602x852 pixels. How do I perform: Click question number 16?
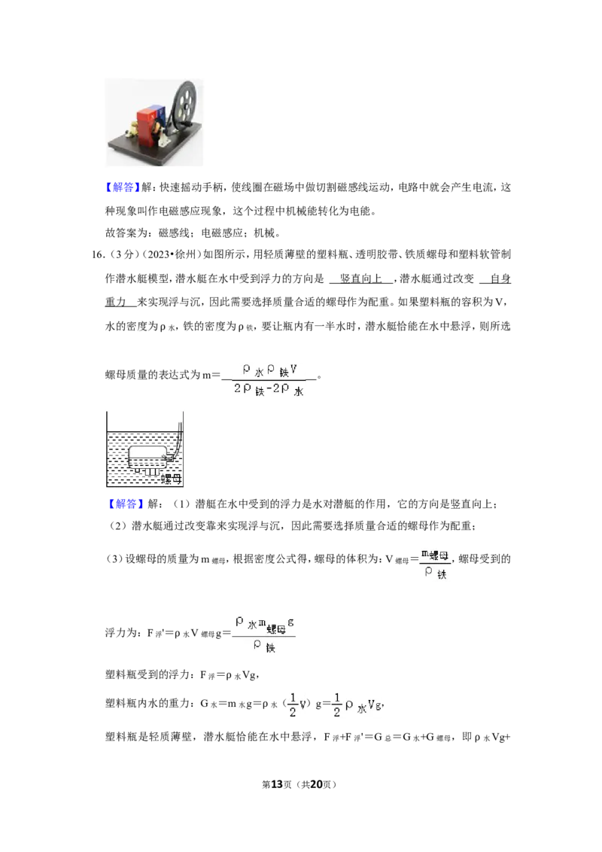pos(98,255)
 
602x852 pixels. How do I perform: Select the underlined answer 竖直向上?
pos(360,278)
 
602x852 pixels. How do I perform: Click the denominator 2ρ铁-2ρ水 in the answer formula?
pos(269,389)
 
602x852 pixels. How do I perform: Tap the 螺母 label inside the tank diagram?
pos(171,479)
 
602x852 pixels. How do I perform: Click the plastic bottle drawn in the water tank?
pos(147,457)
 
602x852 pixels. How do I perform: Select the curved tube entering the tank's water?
pos(178,440)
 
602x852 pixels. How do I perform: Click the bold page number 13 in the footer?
pos(277,784)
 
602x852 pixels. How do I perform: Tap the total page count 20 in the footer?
pos(316,784)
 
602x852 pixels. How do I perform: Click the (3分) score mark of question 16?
pos(118,255)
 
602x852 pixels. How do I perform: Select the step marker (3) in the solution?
pos(114,559)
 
